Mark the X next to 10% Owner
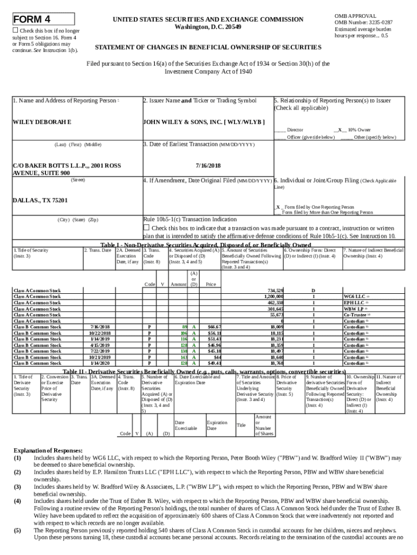click(339, 130)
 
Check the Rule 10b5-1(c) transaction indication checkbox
click(146, 228)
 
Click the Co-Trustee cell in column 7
click(355, 315)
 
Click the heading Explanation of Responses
click(48, 450)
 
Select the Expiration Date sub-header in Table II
click(217, 425)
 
